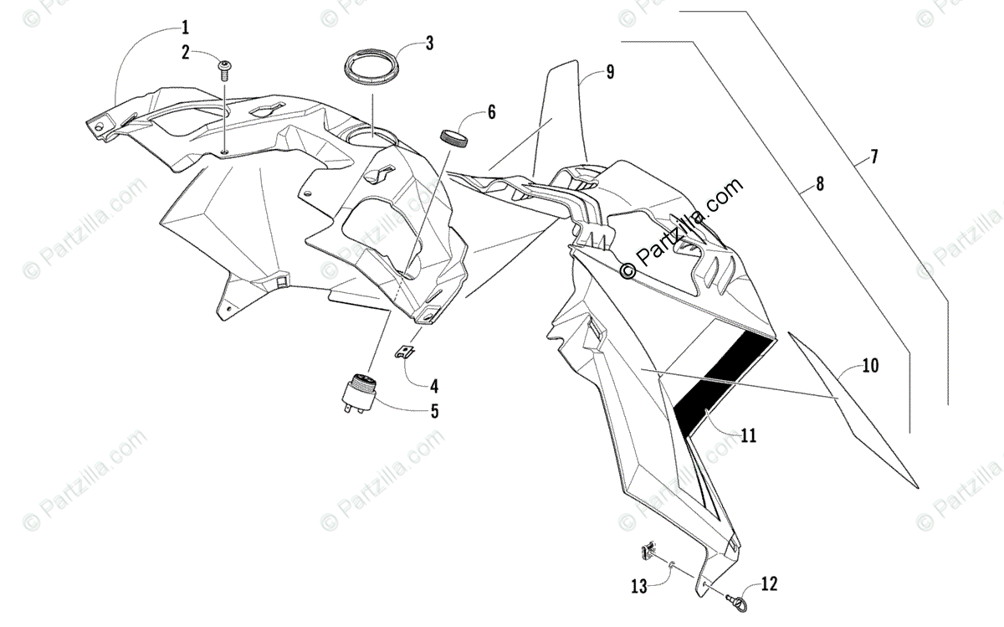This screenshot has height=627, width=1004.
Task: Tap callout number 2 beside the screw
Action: pyautogui.click(x=186, y=52)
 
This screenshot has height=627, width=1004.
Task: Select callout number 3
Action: pyautogui.click(x=429, y=44)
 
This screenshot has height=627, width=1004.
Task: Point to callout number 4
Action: pyautogui.click(x=434, y=387)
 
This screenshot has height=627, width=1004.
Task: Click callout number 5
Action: pyautogui.click(x=434, y=411)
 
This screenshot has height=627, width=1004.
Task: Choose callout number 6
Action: pyautogui.click(x=492, y=111)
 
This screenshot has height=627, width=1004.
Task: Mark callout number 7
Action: pyautogui.click(x=873, y=157)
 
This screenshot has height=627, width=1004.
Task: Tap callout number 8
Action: pyautogui.click(x=819, y=184)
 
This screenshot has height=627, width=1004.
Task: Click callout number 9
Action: pyautogui.click(x=610, y=72)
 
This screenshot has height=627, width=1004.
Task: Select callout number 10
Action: pyautogui.click(x=870, y=365)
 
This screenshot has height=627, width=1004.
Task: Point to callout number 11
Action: pyautogui.click(x=749, y=434)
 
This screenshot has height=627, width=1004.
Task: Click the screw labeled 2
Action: pyautogui.click(x=224, y=69)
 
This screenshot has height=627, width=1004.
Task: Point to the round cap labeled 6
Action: pyautogui.click(x=454, y=138)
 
